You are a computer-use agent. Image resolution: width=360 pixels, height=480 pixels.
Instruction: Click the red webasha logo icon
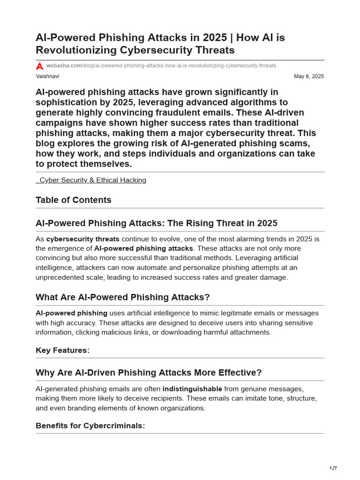click(x=40, y=66)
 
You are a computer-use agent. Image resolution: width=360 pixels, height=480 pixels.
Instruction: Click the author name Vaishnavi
click(x=47, y=76)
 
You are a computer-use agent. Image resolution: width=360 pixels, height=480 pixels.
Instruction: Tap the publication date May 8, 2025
click(x=308, y=76)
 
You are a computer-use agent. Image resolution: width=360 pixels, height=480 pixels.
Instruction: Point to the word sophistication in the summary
click(x=64, y=102)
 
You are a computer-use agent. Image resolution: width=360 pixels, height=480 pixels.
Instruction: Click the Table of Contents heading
click(x=74, y=200)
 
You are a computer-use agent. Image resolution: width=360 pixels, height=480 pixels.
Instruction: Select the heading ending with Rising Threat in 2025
click(x=157, y=223)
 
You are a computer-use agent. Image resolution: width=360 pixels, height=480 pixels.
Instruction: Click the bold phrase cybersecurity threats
click(x=83, y=239)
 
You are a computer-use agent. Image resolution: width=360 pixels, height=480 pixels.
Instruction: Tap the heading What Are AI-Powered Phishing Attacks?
click(x=123, y=298)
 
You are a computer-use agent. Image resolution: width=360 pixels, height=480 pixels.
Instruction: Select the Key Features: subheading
click(x=62, y=350)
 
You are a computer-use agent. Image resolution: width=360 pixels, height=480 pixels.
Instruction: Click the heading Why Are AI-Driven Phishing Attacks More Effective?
click(x=149, y=373)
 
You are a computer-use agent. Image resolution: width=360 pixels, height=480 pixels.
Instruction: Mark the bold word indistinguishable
click(x=192, y=389)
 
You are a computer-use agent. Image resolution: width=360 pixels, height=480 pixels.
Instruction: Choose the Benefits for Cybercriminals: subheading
click(x=90, y=426)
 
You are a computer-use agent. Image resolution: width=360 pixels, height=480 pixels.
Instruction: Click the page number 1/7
click(x=333, y=468)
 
